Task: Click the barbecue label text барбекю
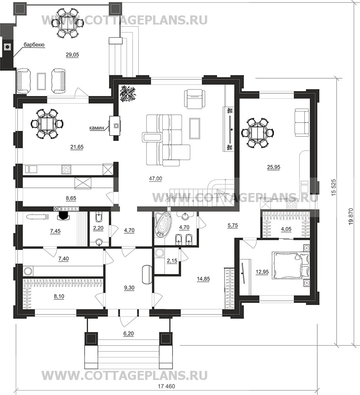pos(34,45)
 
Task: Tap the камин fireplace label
pos(97,128)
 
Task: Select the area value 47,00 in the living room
pos(155,179)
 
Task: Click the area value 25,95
pos(273,167)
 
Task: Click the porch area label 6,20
pos(129,334)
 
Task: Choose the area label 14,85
pos(203,279)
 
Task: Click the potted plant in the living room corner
pos(128,93)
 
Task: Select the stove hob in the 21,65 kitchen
pos(66,169)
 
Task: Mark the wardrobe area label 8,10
pos(59,297)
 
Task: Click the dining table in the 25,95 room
pos(258,133)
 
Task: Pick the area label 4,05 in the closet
pos(286,229)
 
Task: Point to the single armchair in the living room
pos(195,99)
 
